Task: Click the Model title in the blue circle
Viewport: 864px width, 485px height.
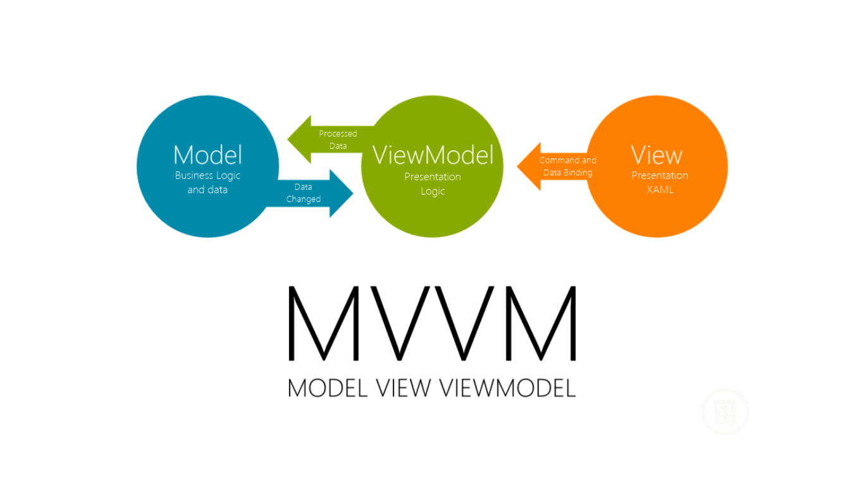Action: (x=207, y=155)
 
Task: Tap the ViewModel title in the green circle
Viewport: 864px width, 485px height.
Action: (x=433, y=155)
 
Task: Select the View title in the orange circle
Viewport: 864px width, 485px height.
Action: (x=657, y=155)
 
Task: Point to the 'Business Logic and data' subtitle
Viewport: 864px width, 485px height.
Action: (x=207, y=183)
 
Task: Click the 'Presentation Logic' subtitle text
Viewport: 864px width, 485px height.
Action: (x=433, y=184)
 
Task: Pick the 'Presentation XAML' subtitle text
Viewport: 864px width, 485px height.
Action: (x=660, y=183)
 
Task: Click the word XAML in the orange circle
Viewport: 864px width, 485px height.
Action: (x=660, y=189)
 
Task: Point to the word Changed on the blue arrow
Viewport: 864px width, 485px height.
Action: (x=304, y=199)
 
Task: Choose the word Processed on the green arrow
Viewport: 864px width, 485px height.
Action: (x=338, y=133)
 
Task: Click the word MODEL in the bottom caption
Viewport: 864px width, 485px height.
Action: (x=327, y=387)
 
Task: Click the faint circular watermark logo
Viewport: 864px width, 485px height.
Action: (x=725, y=412)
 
